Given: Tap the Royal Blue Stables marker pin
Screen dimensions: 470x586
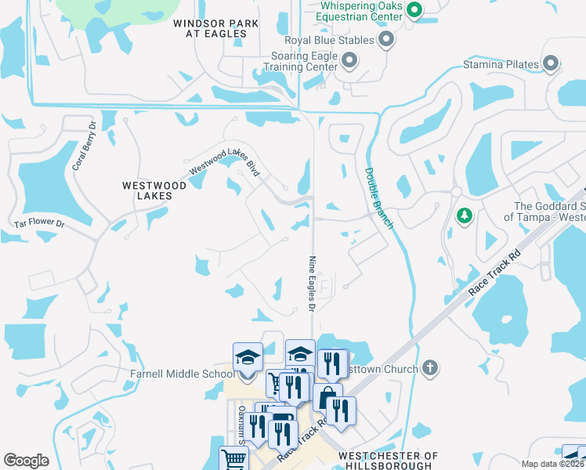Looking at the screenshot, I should [385, 38].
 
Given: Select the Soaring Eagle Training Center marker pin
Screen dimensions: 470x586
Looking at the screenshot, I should [349, 60].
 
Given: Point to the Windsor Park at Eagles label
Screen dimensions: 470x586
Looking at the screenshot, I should [215, 29].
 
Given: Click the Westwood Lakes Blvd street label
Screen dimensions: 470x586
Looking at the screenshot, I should [224, 161].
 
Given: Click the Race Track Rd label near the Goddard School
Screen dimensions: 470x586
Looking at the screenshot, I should [494, 273].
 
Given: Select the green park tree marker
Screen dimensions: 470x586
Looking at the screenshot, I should [464, 215].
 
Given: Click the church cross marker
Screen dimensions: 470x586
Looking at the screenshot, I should [429, 367].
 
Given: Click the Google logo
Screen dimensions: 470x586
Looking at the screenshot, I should [26, 461].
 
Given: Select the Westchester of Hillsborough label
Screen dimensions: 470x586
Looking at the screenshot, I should [388, 461].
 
